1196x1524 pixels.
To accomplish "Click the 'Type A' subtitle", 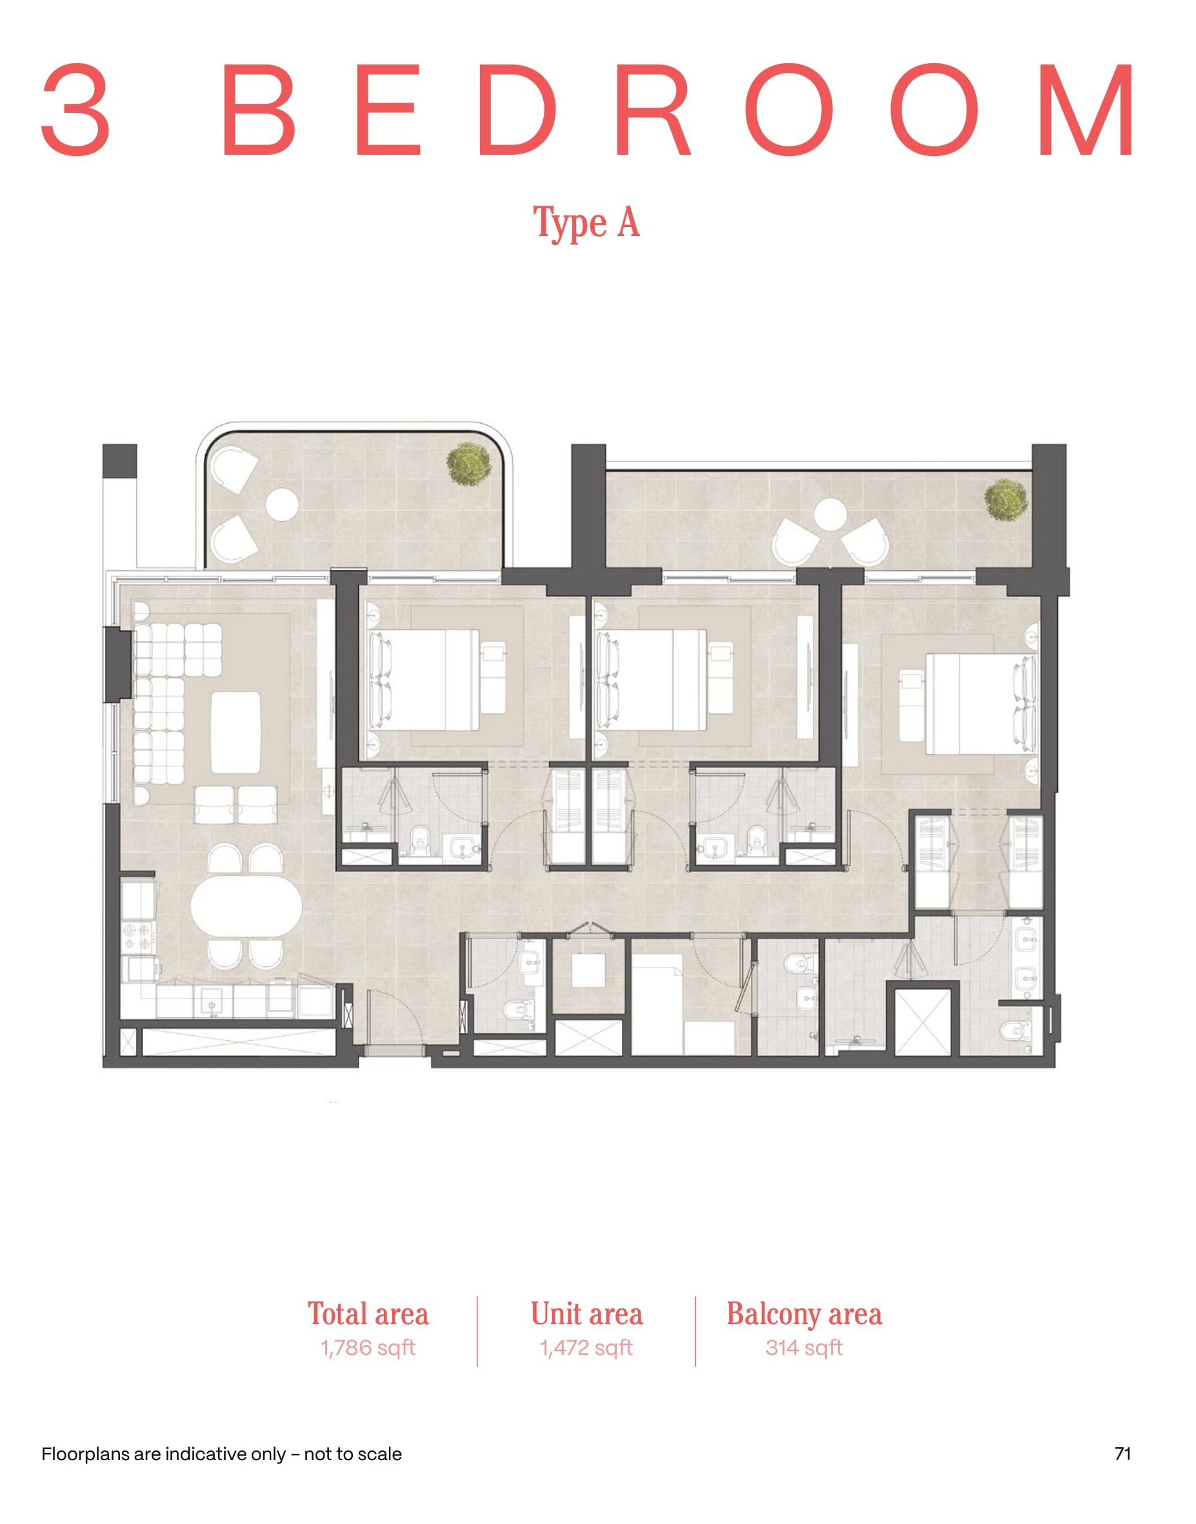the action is tap(587, 223).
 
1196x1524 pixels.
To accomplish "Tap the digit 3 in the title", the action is tap(75, 110).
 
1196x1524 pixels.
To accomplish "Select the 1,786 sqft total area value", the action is tap(368, 1347).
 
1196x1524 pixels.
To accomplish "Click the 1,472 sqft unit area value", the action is tap(586, 1347).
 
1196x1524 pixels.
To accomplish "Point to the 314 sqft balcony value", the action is tap(804, 1347).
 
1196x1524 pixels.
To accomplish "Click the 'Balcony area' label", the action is tap(804, 1314).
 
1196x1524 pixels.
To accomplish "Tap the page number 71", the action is tap(1122, 1454).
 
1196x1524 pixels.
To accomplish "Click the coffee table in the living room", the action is tap(236, 732).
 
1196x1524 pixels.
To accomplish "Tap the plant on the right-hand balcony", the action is tap(1006, 499).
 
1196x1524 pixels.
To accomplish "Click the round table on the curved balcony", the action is tap(282, 505).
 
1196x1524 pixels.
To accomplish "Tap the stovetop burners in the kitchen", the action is tap(137, 938).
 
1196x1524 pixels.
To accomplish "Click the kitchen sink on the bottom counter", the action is tap(212, 1005).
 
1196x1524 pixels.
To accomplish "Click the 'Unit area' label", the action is tap(587, 1314).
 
